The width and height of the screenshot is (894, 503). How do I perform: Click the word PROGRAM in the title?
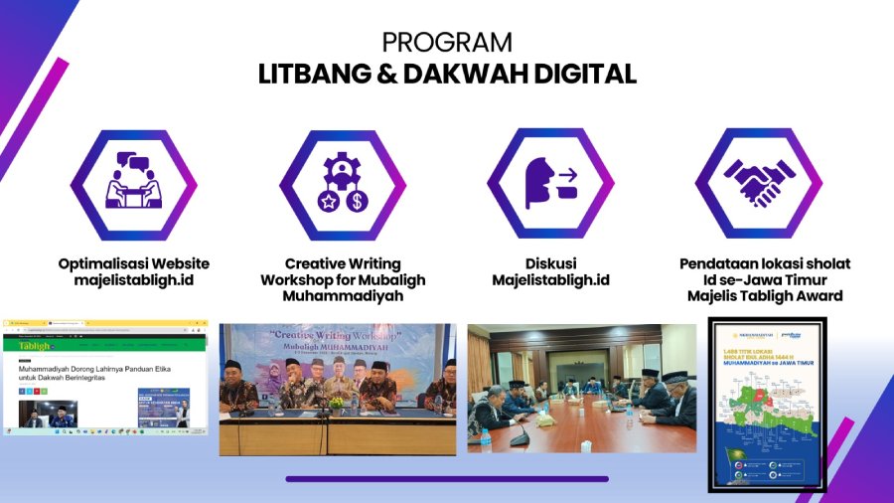click(447, 43)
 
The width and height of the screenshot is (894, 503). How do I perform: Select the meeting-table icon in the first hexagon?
click(133, 184)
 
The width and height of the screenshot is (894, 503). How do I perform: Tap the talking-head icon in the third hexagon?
click(550, 184)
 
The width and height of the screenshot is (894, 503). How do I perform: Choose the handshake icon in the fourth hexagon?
click(759, 183)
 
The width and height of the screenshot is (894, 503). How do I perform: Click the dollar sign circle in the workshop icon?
click(358, 201)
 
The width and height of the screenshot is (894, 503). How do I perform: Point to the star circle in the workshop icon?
click(328, 201)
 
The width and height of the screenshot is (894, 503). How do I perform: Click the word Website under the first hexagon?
click(173, 263)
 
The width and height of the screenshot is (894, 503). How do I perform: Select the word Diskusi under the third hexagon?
click(550, 263)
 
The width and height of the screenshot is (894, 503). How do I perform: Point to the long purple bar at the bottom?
click(447, 478)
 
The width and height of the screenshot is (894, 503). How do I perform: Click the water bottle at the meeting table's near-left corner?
click(485, 435)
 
